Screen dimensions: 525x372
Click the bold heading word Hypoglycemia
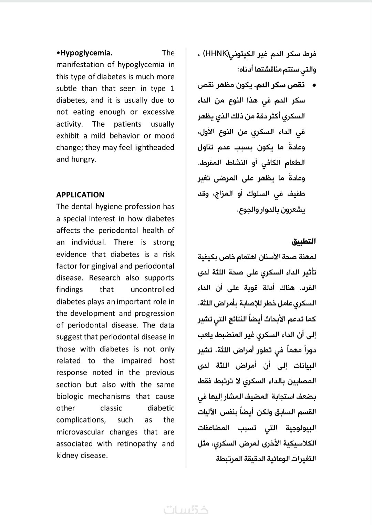coord(86,53)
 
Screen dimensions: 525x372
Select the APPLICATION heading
coord(80,195)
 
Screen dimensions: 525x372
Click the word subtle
coord(66,88)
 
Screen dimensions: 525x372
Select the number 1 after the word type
coord(172,88)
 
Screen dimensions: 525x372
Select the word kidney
coord(67,455)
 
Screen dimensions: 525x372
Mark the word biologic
coord(70,397)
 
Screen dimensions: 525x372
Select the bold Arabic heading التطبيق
coord(304,241)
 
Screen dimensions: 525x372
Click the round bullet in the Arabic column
coord(314,85)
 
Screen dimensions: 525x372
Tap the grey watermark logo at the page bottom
coord(186,510)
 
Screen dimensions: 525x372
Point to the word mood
coord(165,136)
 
